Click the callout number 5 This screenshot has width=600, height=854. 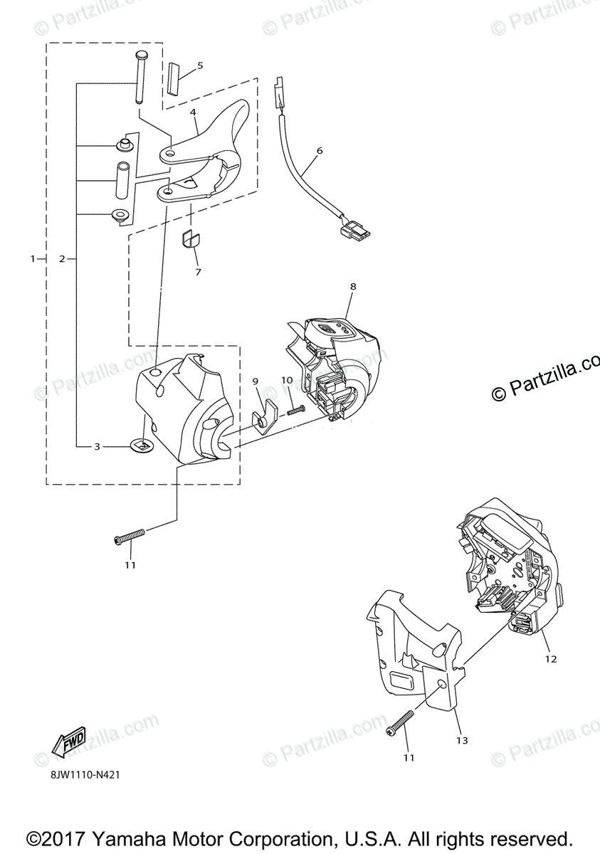(x=200, y=65)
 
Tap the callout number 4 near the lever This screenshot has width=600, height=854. (x=193, y=112)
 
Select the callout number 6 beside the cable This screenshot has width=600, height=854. (x=320, y=151)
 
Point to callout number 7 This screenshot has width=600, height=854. (x=198, y=273)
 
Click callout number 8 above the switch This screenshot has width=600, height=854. (x=353, y=286)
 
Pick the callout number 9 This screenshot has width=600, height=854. (x=256, y=381)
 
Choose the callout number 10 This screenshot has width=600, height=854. (x=286, y=381)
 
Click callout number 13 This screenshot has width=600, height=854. (x=462, y=741)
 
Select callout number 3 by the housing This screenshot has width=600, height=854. (x=98, y=447)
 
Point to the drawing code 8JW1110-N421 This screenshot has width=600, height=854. (x=84, y=774)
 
